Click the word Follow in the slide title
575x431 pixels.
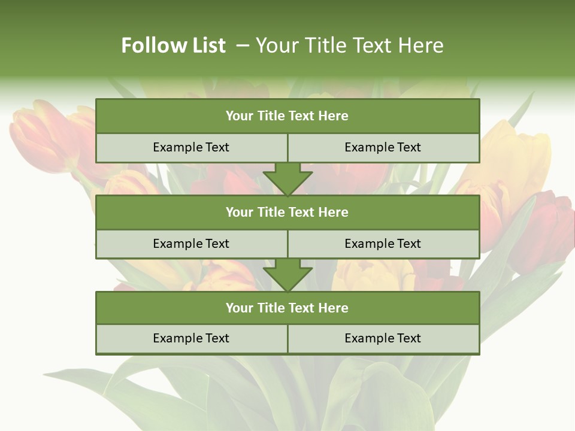pyautogui.click(x=150, y=45)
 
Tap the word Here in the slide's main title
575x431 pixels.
pyautogui.click(x=423, y=45)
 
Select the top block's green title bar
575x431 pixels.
pyautogui.click(x=287, y=116)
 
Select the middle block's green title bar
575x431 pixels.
pyautogui.click(x=287, y=212)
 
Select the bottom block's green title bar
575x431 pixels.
pyautogui.click(x=287, y=308)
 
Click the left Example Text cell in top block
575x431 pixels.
pyautogui.click(x=191, y=147)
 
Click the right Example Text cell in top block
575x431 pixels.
pyautogui.click(x=383, y=147)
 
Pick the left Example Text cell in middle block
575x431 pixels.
pyautogui.click(x=191, y=244)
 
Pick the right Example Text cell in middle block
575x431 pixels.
pyautogui.click(x=383, y=244)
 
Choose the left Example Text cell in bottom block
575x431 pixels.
pyautogui.click(x=191, y=338)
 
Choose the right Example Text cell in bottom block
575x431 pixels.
pyautogui.click(x=383, y=338)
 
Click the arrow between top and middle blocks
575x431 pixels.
pyautogui.click(x=287, y=178)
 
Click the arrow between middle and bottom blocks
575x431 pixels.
pyautogui.click(x=287, y=274)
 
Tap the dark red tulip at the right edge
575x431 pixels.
pyautogui.click(x=548, y=227)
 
